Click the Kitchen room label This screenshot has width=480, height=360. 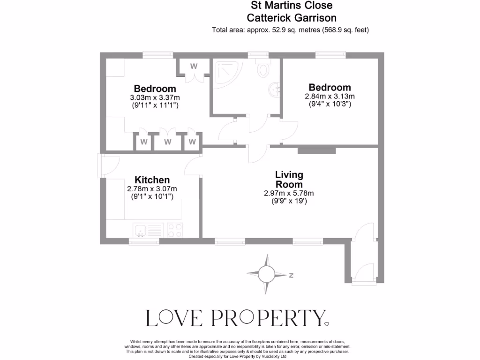point(152,180)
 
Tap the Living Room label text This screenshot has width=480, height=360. point(289,180)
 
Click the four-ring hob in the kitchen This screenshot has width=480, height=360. point(175,230)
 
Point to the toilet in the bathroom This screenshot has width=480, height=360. point(263,69)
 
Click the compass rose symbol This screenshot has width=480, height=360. point(267,272)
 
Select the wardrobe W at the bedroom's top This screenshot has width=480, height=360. point(194,67)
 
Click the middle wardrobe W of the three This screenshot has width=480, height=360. point(168,142)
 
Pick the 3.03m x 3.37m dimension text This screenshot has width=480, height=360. point(155,97)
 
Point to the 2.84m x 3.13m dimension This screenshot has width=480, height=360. point(330,97)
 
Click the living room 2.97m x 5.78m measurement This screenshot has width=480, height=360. point(289,193)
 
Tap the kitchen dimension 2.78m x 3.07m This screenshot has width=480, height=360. point(152,189)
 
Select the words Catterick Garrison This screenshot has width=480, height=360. point(292,18)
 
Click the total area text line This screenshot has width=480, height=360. point(291,30)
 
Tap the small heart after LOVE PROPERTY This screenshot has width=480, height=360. point(327,323)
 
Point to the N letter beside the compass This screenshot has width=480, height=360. point(291,275)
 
